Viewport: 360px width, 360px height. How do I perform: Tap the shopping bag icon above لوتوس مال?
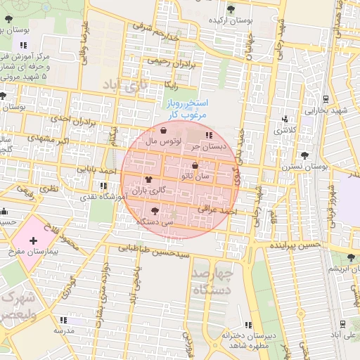point(164,131)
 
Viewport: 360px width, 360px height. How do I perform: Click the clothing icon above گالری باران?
point(148,180)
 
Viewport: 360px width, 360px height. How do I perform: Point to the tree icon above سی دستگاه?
point(155,211)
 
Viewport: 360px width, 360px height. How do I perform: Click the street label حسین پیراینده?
point(295,245)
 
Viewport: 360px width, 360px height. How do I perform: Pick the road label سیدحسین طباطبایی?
point(153,248)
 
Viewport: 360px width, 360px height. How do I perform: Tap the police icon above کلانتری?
point(285,120)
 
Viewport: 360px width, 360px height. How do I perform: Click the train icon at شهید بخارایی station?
point(325,100)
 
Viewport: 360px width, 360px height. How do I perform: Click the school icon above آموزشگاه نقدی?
point(104,186)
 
